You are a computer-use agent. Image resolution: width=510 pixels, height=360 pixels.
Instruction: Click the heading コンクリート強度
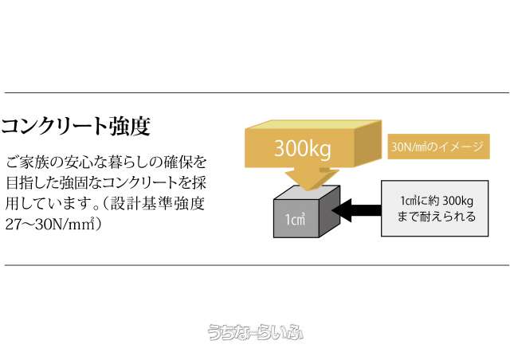(76, 126)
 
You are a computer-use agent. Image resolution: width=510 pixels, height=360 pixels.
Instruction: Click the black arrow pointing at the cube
(355, 211)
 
